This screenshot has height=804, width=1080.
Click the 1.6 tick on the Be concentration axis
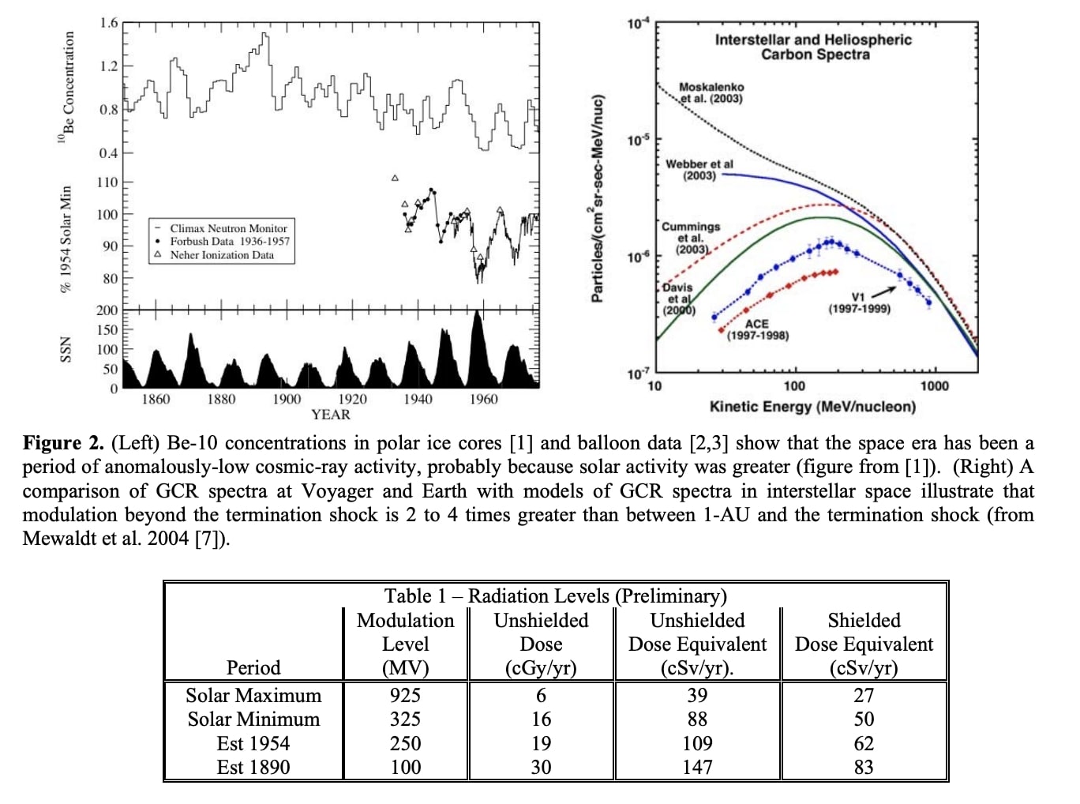108,23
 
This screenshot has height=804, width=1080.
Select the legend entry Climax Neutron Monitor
228,228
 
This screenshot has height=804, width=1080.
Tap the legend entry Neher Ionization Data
222,255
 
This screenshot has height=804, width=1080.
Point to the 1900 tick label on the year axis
287,400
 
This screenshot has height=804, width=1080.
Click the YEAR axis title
330,415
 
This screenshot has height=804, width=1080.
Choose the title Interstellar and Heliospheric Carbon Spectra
813,47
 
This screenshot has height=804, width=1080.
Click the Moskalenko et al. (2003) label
711,92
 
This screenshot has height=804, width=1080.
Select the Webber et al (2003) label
699,170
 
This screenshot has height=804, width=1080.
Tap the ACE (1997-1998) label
757,329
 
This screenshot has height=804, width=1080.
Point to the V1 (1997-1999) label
859,303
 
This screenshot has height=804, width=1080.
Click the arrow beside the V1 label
883,291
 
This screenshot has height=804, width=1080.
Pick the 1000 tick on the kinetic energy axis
934,386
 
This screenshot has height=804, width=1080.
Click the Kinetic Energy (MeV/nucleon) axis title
812,407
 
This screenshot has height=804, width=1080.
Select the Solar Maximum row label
253,696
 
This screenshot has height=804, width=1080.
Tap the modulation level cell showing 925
405,696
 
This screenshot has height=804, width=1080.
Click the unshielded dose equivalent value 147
697,767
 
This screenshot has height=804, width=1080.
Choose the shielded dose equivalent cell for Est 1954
864,743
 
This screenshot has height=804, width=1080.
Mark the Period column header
253,668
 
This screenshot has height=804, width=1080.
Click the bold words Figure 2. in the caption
63,443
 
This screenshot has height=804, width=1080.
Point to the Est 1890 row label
253,767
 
